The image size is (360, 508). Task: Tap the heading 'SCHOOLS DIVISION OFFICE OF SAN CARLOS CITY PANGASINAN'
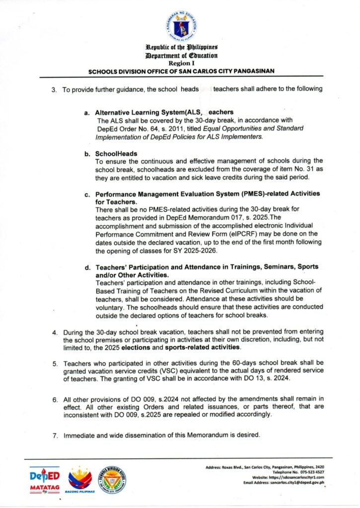(181, 71)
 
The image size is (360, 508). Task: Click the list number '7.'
(56, 436)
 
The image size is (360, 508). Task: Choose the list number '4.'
(56, 332)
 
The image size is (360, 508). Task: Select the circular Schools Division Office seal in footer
(112, 479)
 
